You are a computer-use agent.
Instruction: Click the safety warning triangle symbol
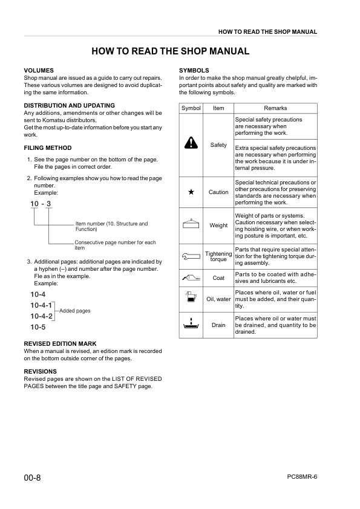(x=191, y=143)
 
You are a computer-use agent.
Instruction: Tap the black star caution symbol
(x=191, y=192)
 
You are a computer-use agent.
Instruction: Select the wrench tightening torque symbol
(x=191, y=256)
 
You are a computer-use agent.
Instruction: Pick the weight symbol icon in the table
(x=191, y=224)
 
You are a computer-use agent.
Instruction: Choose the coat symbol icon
(x=191, y=278)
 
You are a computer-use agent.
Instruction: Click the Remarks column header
(x=275, y=108)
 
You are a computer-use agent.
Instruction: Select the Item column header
(x=218, y=108)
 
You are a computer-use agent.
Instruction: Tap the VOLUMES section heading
(x=39, y=71)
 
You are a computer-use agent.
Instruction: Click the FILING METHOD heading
(x=47, y=148)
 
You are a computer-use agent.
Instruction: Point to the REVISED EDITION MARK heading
(x=59, y=343)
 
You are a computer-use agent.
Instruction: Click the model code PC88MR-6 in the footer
(x=302, y=476)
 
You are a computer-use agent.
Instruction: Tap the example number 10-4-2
(x=42, y=316)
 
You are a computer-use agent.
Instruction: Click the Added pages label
(x=74, y=311)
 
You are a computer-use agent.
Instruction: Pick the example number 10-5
(x=38, y=327)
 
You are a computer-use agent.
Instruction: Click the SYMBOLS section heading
(x=194, y=71)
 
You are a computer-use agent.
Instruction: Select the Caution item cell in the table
(x=218, y=192)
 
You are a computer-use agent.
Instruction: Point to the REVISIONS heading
(x=40, y=371)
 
